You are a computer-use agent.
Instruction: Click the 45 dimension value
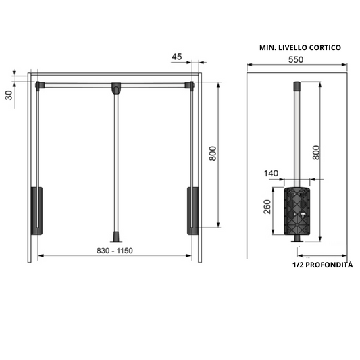176,57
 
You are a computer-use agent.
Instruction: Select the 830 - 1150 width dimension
114,250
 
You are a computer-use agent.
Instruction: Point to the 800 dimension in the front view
212,155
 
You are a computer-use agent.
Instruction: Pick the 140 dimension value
272,174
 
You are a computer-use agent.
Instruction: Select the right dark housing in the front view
192,210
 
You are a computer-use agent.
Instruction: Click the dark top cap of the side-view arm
296,86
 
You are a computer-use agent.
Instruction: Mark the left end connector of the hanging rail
39,85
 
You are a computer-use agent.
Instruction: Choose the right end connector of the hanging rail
190,85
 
